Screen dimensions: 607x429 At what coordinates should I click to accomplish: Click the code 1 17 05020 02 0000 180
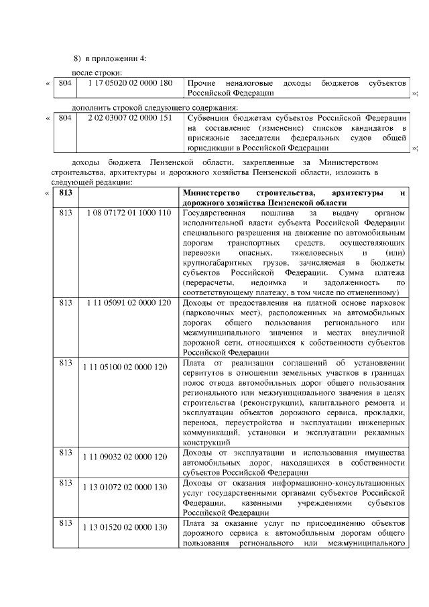click(125, 82)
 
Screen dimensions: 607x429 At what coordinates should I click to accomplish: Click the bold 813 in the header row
click(65, 193)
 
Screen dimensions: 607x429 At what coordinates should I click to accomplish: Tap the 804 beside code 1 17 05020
click(65, 82)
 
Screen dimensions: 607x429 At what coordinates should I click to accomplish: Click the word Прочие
click(201, 82)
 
